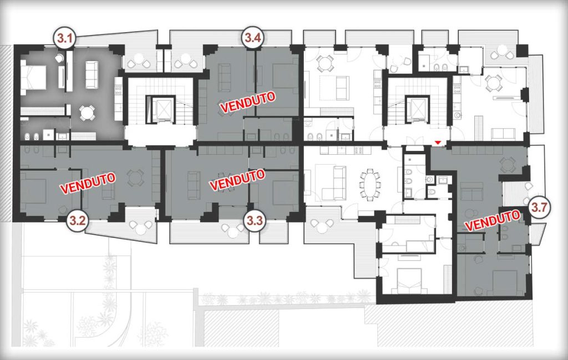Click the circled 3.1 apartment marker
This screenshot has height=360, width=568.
pos(65,38)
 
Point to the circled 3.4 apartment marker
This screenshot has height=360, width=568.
pos(252,38)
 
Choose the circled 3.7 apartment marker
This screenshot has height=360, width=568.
pos(540,208)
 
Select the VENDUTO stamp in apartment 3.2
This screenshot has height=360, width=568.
pos(88,183)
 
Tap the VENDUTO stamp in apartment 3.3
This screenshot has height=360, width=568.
pos(237,180)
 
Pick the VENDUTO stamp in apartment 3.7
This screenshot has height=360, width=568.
pos(493,220)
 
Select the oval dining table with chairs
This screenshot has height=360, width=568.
pos(370,184)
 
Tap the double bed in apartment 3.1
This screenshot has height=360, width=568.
pos(33,77)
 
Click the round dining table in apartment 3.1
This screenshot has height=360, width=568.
pos(87,113)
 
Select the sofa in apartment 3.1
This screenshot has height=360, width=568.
pos(92,75)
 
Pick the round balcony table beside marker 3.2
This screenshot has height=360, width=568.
pos(141,225)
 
